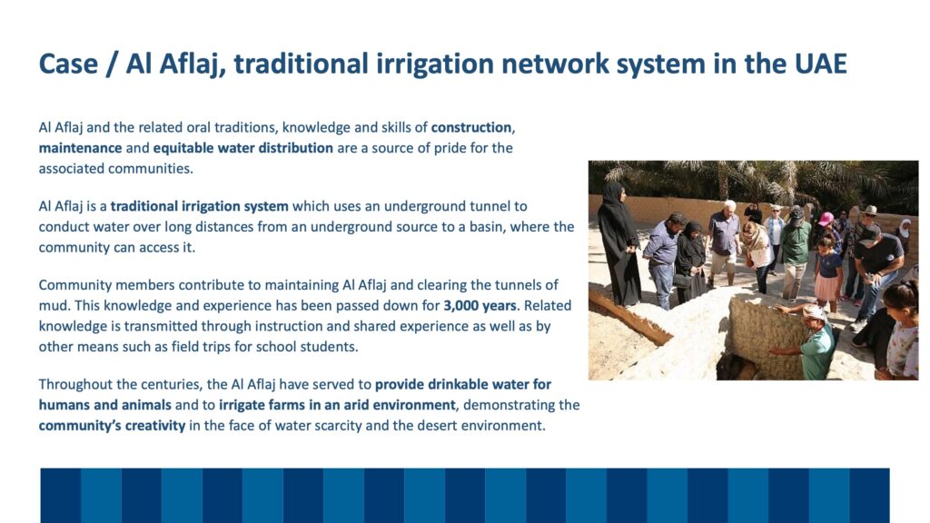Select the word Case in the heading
point(68,64)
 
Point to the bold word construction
point(471,127)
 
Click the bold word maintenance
point(80,148)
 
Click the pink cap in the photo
point(826,219)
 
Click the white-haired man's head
point(729,207)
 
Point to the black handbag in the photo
point(682,280)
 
